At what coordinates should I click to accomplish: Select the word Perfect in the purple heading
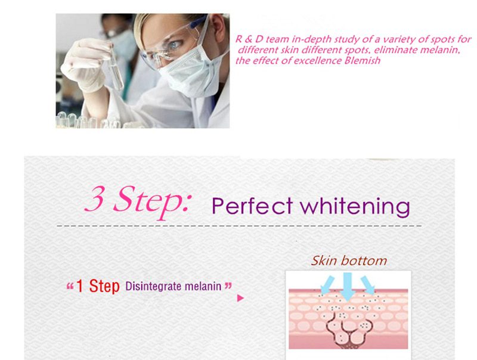point(253,206)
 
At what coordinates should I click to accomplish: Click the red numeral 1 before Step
point(79,286)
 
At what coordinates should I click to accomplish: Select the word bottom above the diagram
point(364,260)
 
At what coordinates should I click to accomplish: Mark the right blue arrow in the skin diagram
point(368,284)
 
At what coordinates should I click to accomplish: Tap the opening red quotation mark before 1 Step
point(69,287)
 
